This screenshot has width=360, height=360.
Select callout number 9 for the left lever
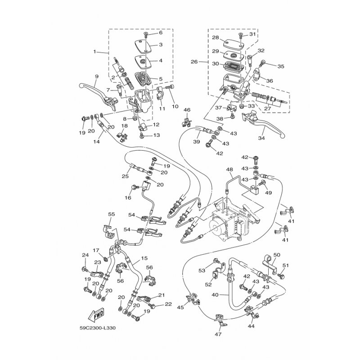click(x=96, y=76)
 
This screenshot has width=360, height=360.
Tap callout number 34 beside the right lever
click(x=261, y=138)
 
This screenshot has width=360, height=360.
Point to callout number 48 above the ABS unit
click(x=229, y=170)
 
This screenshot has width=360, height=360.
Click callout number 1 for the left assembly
click(x=94, y=52)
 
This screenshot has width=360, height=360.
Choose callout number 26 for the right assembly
click(x=194, y=62)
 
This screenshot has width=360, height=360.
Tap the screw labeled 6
click(x=146, y=35)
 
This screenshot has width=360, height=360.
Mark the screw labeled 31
click(x=240, y=35)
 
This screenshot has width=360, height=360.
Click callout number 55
click(x=112, y=215)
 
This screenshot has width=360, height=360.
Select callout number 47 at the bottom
click(x=218, y=334)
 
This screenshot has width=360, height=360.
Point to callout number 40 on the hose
click(x=215, y=295)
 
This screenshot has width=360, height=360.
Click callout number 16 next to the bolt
click(x=128, y=198)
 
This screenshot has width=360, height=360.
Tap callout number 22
click(x=168, y=304)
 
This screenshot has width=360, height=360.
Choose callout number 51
click(x=285, y=265)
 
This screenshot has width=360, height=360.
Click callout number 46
click(x=187, y=110)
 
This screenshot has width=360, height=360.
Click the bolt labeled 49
click(x=262, y=183)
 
